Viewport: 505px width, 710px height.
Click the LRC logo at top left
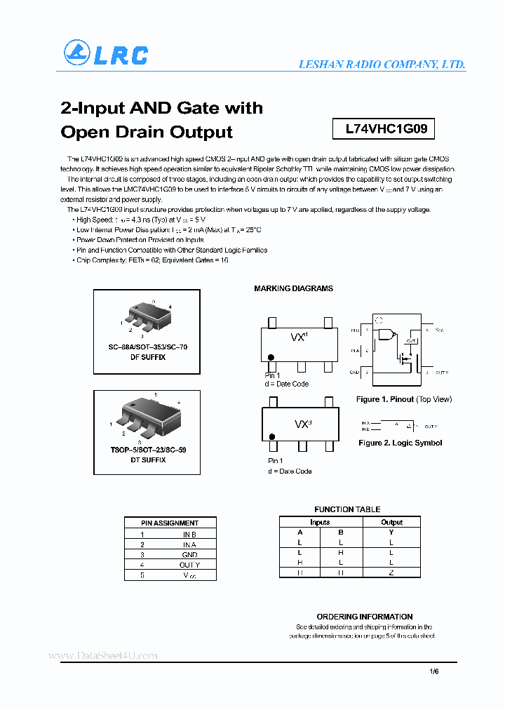(x=106, y=54)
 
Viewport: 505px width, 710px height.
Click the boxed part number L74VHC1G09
(x=381, y=129)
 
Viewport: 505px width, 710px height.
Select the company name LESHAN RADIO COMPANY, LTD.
(x=382, y=64)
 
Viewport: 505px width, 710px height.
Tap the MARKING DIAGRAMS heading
(x=293, y=288)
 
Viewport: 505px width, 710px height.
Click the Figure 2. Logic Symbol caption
(x=400, y=443)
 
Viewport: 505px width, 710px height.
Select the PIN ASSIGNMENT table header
(x=170, y=523)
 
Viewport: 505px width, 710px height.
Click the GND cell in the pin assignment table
(x=189, y=554)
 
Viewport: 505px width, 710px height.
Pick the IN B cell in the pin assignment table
(x=189, y=534)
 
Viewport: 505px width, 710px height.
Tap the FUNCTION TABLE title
(x=347, y=509)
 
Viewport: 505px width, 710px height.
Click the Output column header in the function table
(x=391, y=522)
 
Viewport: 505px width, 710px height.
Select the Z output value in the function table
(x=391, y=572)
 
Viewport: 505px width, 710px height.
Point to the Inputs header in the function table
(x=320, y=522)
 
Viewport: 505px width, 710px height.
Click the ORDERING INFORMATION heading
(x=364, y=617)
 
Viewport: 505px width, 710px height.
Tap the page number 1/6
(x=433, y=671)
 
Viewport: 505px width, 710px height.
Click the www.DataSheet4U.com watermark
(x=103, y=655)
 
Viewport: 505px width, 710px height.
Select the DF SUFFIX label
(x=147, y=357)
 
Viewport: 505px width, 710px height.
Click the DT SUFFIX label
(x=147, y=460)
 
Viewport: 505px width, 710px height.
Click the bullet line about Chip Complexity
(x=152, y=260)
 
